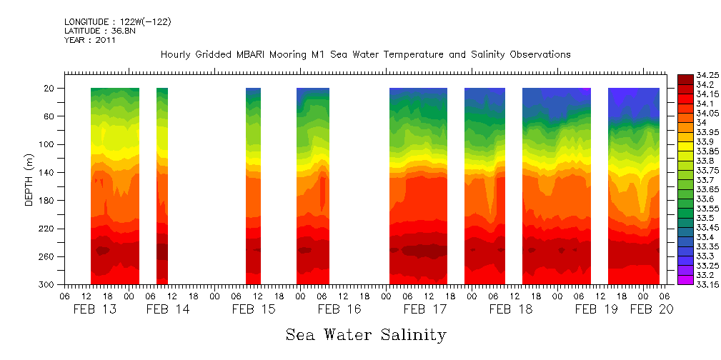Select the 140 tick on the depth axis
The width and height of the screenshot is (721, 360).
click(48, 173)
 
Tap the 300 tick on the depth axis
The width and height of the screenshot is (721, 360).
click(48, 285)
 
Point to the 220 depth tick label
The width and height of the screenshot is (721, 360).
click(48, 229)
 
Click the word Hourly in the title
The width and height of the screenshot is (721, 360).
click(176, 54)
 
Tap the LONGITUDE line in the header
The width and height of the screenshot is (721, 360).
click(117, 21)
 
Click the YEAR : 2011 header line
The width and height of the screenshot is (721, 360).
click(89, 40)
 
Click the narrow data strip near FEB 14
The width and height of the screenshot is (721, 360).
click(162, 186)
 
